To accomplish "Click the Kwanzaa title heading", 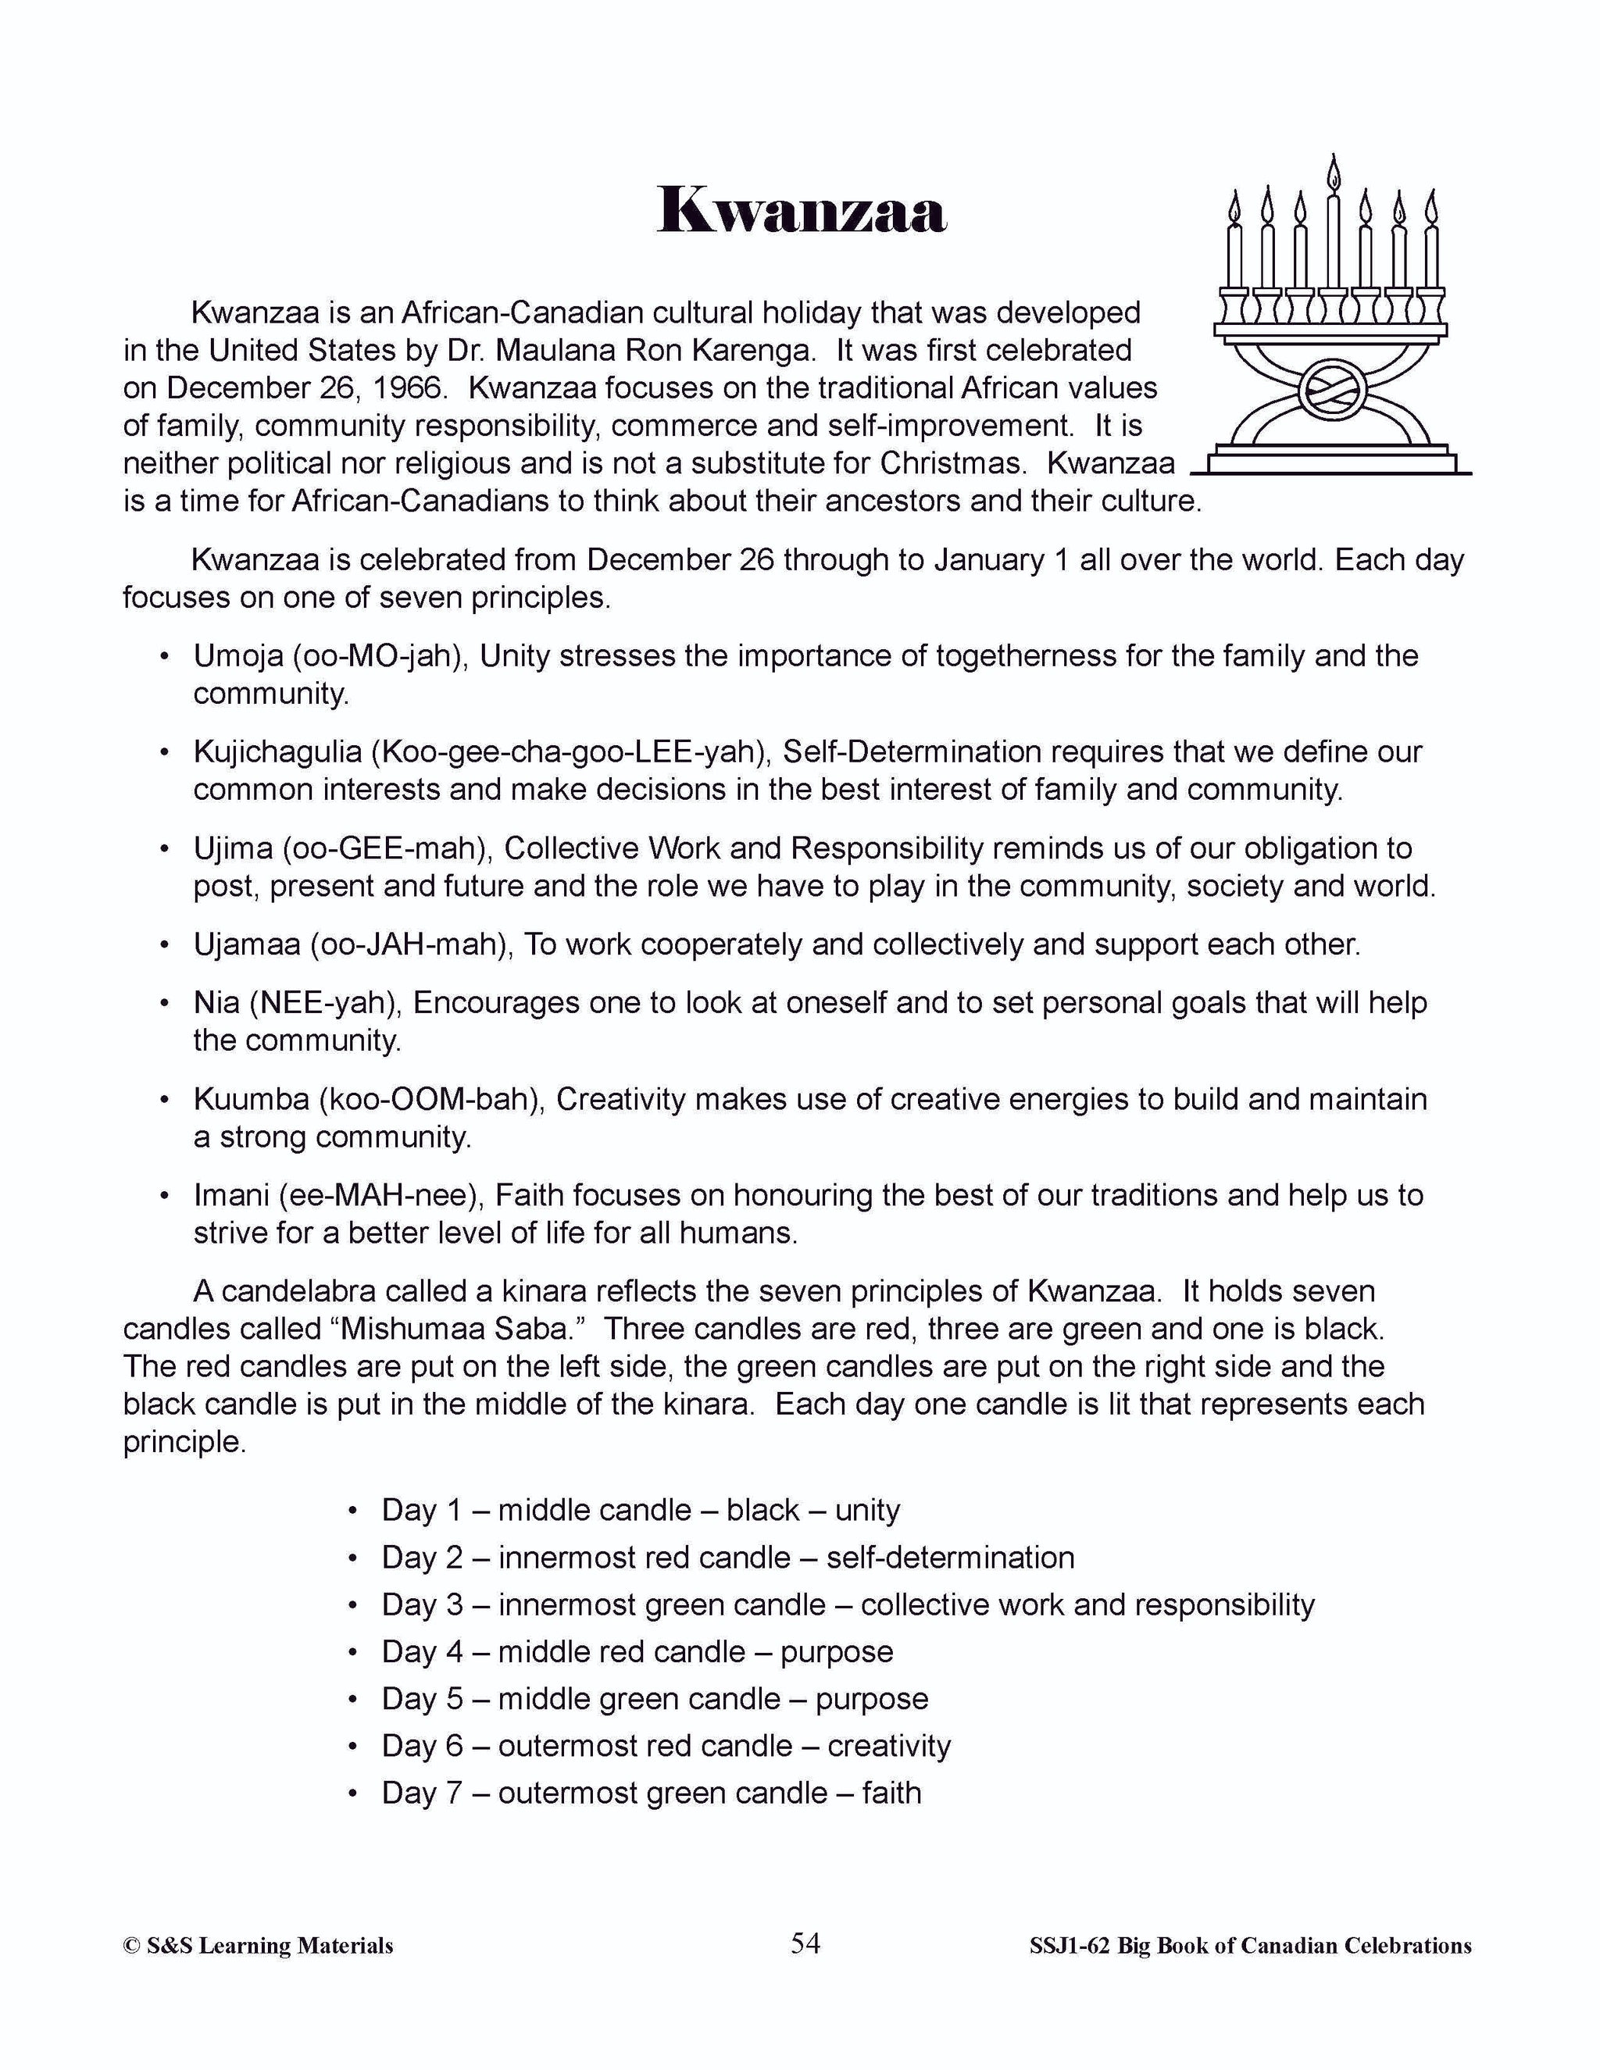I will (801, 210).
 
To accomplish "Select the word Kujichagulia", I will (277, 751).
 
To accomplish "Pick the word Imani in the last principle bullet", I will (231, 1195).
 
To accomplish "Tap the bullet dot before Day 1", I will (352, 1511).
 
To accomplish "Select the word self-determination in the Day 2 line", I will (950, 1558).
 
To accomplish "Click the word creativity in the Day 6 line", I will (888, 1746).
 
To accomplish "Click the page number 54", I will (805, 1944).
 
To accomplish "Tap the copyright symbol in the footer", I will (130, 1947).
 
